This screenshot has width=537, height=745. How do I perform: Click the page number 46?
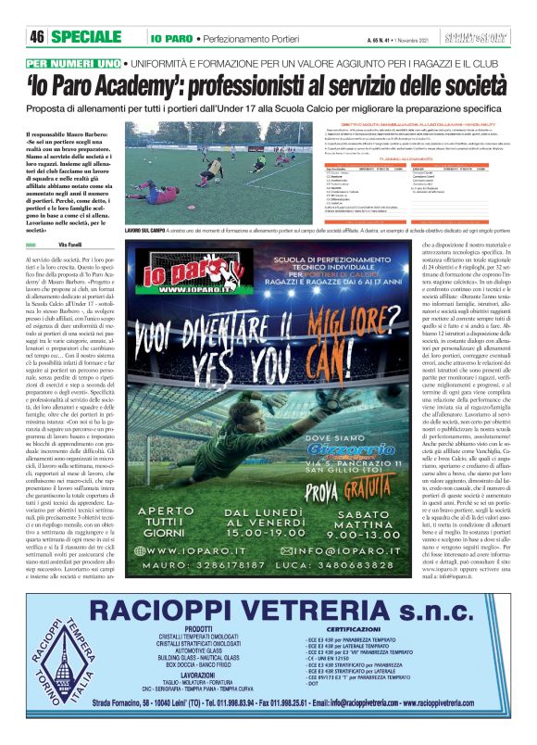coord(38,37)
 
